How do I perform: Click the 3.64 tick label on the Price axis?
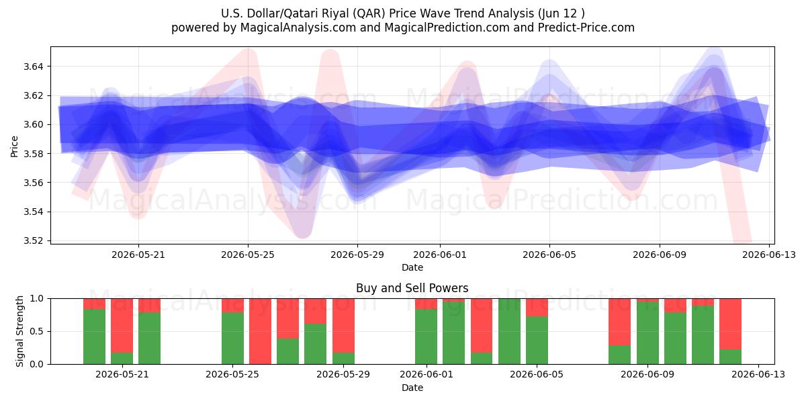point(33,66)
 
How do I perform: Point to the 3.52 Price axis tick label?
point(33,240)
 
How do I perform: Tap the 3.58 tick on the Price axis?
point(33,154)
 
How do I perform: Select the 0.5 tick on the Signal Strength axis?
point(36,331)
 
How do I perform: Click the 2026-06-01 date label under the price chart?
point(440,255)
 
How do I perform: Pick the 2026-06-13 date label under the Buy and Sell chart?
point(758,375)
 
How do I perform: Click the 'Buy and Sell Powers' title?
point(412,288)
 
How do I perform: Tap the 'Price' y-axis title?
point(14,146)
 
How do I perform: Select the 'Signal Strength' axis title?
point(19,331)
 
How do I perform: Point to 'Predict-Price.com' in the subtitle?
point(586,28)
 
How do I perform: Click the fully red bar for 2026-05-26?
point(260,331)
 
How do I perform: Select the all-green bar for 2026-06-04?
point(509,331)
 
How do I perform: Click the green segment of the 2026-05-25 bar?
point(232,339)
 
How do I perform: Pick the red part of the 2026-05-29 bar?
point(343,326)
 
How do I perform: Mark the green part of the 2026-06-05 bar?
point(537,341)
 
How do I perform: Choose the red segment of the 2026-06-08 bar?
point(619,322)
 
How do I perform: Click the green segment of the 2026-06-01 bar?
point(426,337)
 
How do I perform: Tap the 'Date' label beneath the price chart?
point(412,267)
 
